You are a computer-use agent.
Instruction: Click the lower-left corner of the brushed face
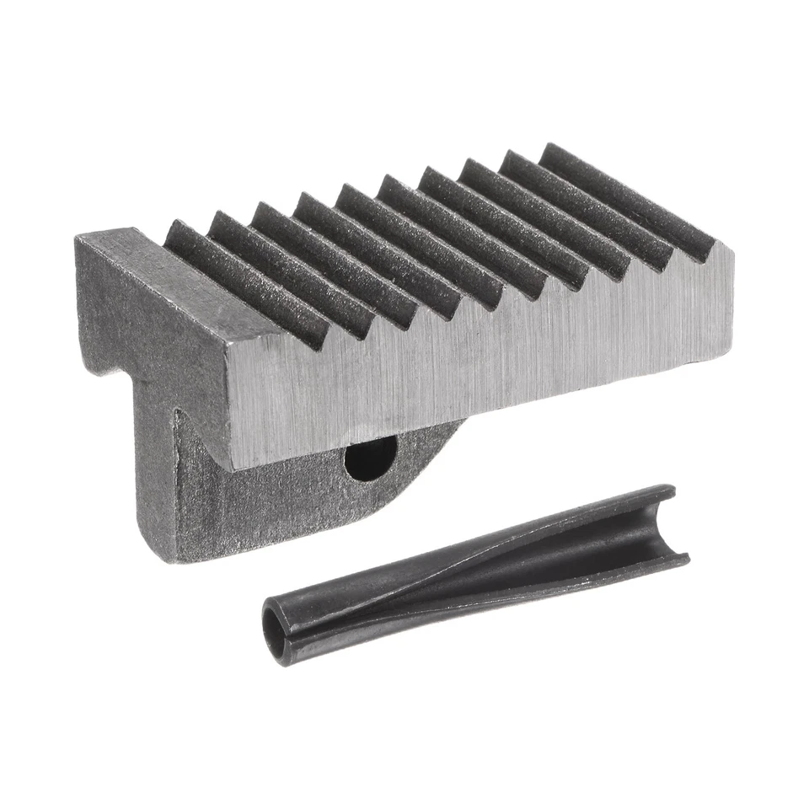(x=238, y=468)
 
